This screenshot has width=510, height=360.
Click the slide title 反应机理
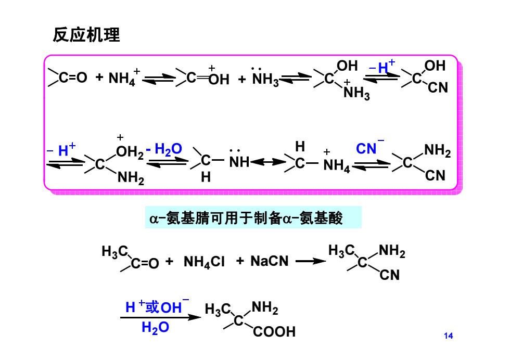click(x=86, y=35)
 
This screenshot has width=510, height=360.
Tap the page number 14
click(x=448, y=336)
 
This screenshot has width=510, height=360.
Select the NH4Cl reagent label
click(x=204, y=262)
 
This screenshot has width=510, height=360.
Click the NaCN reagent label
click(x=270, y=261)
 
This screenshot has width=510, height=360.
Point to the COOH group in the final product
click(x=274, y=332)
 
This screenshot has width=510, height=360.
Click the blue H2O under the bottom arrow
click(x=155, y=327)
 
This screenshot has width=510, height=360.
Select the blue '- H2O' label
click(x=163, y=149)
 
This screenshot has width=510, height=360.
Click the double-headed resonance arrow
click(x=268, y=162)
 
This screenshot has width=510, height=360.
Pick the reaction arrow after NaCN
click(x=311, y=261)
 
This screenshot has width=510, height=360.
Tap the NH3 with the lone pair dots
click(x=265, y=77)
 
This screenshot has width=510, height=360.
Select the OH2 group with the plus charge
click(x=130, y=147)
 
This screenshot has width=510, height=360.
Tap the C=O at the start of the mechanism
click(x=68, y=78)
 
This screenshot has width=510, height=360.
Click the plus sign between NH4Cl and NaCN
click(x=240, y=261)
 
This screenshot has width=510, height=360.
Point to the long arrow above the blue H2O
click(x=161, y=317)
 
